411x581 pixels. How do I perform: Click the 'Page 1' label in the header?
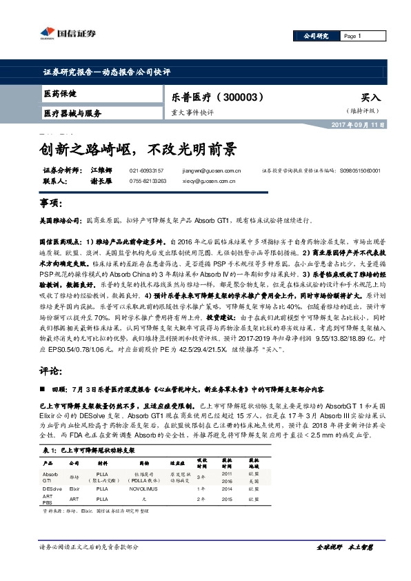click(352, 36)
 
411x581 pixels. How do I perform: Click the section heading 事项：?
click(50, 205)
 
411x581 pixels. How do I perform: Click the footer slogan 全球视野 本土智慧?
click(345, 566)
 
